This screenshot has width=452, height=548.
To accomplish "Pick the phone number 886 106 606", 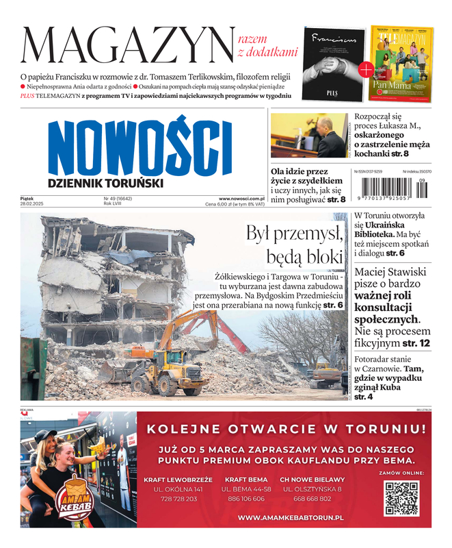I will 245,499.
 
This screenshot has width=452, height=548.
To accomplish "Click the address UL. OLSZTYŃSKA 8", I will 312,489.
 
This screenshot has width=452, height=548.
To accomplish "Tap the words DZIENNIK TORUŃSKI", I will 105,184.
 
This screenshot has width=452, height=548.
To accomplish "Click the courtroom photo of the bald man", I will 308,135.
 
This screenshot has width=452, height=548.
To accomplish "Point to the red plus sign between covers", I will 366,68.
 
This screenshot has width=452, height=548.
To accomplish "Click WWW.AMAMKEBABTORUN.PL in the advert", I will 290,519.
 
